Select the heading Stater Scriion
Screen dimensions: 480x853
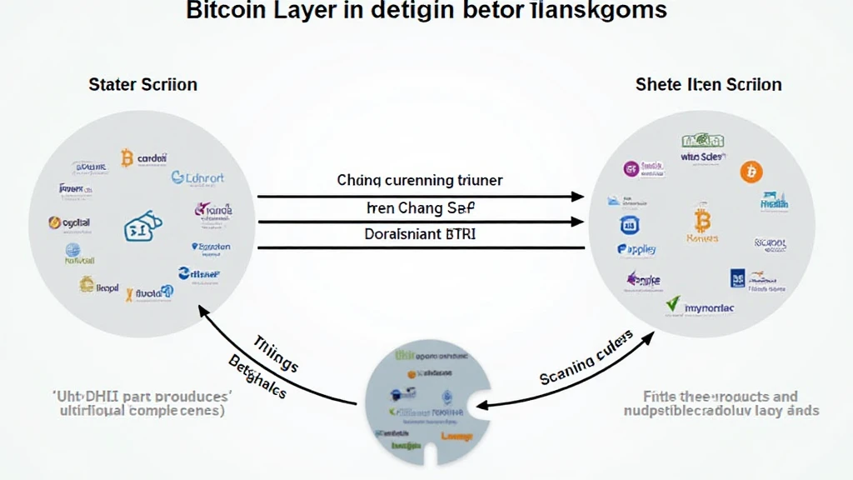coord(142,84)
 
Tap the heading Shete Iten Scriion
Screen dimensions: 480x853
coord(708,84)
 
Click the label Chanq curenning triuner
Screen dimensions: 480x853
coord(420,180)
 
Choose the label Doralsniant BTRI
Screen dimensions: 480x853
coord(420,234)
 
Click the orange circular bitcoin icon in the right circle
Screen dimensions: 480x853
coord(751,172)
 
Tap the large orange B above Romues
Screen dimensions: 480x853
coord(701,221)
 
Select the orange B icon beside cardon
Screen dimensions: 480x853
coord(127,157)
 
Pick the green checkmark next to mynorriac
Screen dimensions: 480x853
coord(673,305)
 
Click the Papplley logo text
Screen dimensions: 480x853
coord(636,249)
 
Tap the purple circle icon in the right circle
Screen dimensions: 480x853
coord(631,169)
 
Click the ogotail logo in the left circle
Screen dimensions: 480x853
coord(70,222)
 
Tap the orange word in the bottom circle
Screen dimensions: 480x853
coord(456,437)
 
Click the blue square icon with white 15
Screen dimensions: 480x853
coord(629,224)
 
